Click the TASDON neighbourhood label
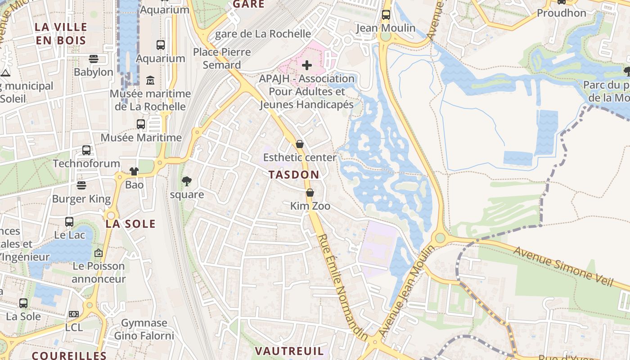pos(294,175)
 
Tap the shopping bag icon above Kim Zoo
pos(310,193)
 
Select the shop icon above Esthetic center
pos(300,144)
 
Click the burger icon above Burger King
pos(81,185)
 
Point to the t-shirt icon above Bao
pos(134,171)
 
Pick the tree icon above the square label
pos(186,181)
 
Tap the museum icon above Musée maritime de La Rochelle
pos(150,80)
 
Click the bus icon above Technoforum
pos(86,150)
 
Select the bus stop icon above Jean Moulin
pos(386,14)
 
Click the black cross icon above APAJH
pos(307,65)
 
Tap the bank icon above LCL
pos(74,314)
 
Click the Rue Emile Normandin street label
pos(342,288)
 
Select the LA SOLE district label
pos(130,224)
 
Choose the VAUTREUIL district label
pos(289,351)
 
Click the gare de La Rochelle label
pos(263,34)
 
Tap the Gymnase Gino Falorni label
pos(144,329)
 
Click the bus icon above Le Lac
pos(69,221)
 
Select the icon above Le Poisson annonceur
pos(99,253)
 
